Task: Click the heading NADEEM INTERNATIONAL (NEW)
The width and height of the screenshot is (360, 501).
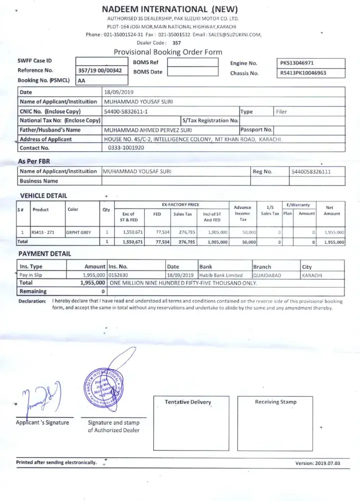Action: pos(170,9)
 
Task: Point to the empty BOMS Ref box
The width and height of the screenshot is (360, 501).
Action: pos(192,63)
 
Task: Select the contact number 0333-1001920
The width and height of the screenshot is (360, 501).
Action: pos(126,148)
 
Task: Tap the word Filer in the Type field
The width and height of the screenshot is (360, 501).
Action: pos(281,112)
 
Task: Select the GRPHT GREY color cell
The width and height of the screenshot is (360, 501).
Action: pos(80,232)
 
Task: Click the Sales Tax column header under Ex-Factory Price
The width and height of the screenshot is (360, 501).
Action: pos(182,214)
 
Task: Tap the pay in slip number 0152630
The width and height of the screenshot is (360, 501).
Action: pos(118,275)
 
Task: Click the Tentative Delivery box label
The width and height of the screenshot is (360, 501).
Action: pos(188,402)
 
